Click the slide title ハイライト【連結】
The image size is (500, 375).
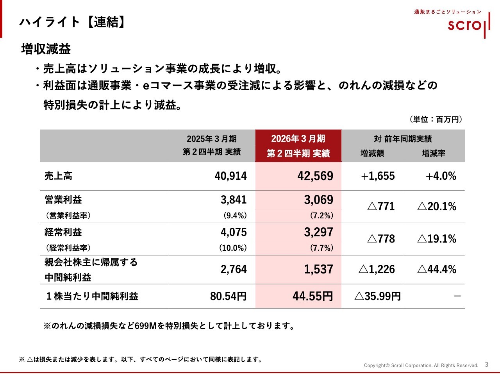(x=73, y=22)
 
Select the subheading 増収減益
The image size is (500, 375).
(x=46, y=49)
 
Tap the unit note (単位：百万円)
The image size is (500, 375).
(x=436, y=120)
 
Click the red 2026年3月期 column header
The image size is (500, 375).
(x=298, y=146)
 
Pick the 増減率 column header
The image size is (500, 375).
(x=434, y=154)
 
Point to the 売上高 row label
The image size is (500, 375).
(x=58, y=176)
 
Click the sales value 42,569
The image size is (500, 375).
(x=315, y=176)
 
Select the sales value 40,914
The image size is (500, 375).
(x=230, y=176)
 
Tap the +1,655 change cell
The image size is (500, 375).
(x=378, y=176)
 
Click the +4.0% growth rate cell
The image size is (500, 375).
(x=441, y=176)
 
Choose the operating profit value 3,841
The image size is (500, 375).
(x=234, y=200)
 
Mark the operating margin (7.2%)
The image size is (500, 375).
(x=321, y=216)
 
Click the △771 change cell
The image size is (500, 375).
(x=381, y=206)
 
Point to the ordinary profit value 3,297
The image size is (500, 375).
(x=318, y=232)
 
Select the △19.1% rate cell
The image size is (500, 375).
(x=437, y=239)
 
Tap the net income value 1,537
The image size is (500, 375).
(x=318, y=269)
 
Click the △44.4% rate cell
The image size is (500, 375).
(x=437, y=269)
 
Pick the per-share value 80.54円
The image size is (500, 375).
(x=228, y=296)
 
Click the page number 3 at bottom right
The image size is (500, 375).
(x=486, y=364)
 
